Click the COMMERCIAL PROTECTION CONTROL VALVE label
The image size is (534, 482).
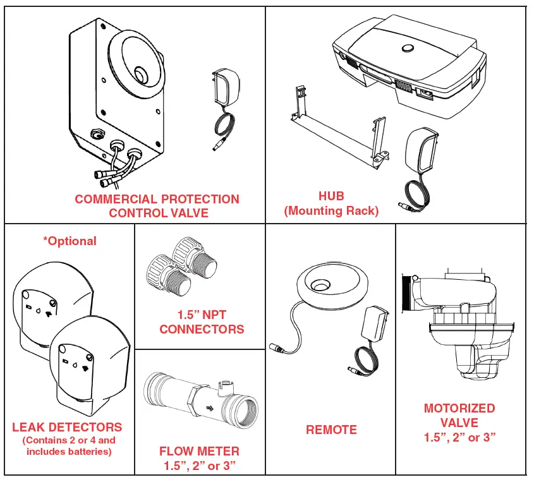tap(157, 206)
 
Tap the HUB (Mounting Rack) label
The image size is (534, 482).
tap(331, 203)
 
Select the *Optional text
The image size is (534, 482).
tap(70, 241)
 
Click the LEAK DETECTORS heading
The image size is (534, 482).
tap(67, 428)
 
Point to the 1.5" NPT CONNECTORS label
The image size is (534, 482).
tap(202, 322)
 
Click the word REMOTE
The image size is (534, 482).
tap(331, 430)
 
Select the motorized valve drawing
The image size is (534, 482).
tap(458, 322)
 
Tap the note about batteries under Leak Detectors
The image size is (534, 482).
tap(70, 446)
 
